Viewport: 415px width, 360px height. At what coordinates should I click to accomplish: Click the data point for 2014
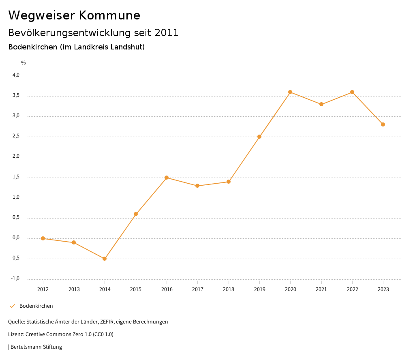pos(105,259)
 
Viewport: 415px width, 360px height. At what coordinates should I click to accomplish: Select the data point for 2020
pos(290,92)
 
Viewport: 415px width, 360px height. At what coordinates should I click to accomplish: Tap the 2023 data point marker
pos(383,124)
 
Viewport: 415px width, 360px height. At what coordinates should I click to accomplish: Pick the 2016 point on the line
pos(167,178)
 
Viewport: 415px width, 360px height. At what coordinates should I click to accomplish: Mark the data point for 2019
pos(259,137)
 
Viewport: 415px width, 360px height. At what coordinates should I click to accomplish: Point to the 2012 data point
pos(43,238)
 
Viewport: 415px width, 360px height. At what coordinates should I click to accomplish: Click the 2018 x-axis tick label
pos(229,289)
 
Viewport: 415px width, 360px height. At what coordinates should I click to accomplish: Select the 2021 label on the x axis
pos(321,289)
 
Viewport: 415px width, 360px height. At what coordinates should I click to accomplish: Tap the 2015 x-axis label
pos(136,289)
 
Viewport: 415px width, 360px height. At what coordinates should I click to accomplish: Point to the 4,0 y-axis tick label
pos(16,75)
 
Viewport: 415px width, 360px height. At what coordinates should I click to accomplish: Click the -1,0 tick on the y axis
pos(15,279)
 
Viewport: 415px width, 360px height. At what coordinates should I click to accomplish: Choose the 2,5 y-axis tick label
pos(16,136)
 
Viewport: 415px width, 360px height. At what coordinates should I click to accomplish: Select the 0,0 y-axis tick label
pos(16,238)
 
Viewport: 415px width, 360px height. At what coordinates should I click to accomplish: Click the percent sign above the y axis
pos(24,63)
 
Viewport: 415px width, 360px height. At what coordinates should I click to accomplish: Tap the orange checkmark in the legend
pos(12,306)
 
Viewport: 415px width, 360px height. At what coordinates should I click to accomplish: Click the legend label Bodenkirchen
pos(36,306)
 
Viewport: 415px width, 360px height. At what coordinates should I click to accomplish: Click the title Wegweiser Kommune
pos(74,15)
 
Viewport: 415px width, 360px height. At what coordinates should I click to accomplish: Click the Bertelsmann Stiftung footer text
pos(36,347)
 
